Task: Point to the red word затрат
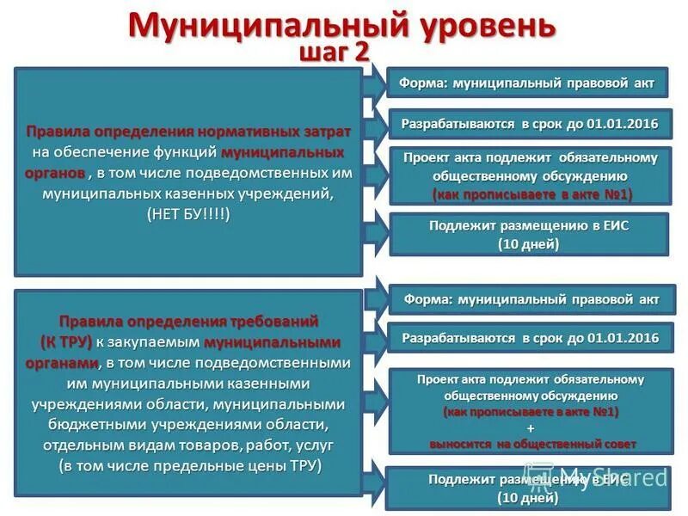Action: pos(322,132)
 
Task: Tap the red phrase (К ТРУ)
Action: pos(67,341)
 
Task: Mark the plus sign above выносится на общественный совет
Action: pos(531,428)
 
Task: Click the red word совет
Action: pos(620,444)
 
